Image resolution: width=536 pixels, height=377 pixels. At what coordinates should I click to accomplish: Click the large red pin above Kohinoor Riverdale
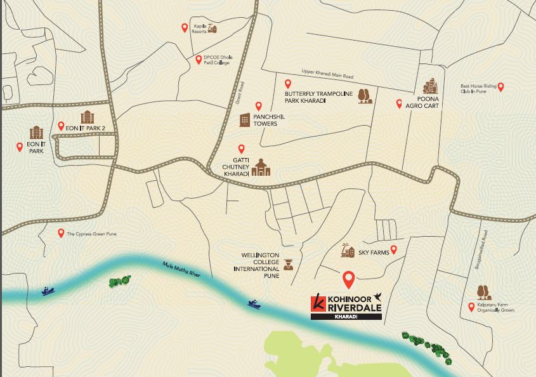348,279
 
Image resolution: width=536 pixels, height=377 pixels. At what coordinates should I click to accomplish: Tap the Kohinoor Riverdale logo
346,306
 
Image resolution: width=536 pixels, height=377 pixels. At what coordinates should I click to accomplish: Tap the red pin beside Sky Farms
393,249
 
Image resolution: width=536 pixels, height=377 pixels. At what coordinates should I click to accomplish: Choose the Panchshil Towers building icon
245,120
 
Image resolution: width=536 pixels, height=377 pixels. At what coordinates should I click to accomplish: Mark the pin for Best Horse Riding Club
500,87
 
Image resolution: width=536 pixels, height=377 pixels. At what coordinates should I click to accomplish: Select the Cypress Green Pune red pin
61,233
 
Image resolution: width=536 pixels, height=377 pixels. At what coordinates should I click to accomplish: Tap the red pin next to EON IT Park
19,147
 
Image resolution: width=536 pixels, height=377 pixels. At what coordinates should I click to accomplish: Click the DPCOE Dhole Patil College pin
199,60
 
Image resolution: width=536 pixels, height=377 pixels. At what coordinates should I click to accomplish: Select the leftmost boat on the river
48,291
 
